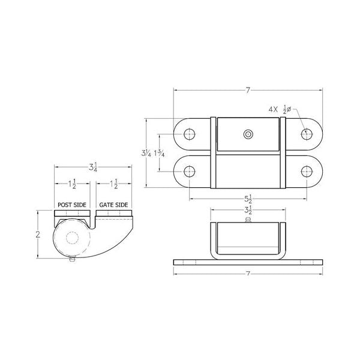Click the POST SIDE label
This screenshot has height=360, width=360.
(72, 205)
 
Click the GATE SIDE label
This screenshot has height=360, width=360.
(113, 205)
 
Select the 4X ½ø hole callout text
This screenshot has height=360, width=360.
(280, 109)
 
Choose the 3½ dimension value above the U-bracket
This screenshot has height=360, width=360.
(248, 210)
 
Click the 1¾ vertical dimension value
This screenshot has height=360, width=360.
(160, 153)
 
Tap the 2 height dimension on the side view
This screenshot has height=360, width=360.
(38, 235)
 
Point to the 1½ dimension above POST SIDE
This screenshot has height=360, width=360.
(72, 184)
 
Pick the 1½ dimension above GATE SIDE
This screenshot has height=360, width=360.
(114, 184)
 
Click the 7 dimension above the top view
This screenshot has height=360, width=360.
(248, 90)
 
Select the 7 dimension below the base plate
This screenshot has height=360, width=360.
(248, 273)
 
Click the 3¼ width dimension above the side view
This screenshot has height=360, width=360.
(93, 167)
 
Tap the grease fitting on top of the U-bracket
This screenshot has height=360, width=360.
(248, 220)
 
